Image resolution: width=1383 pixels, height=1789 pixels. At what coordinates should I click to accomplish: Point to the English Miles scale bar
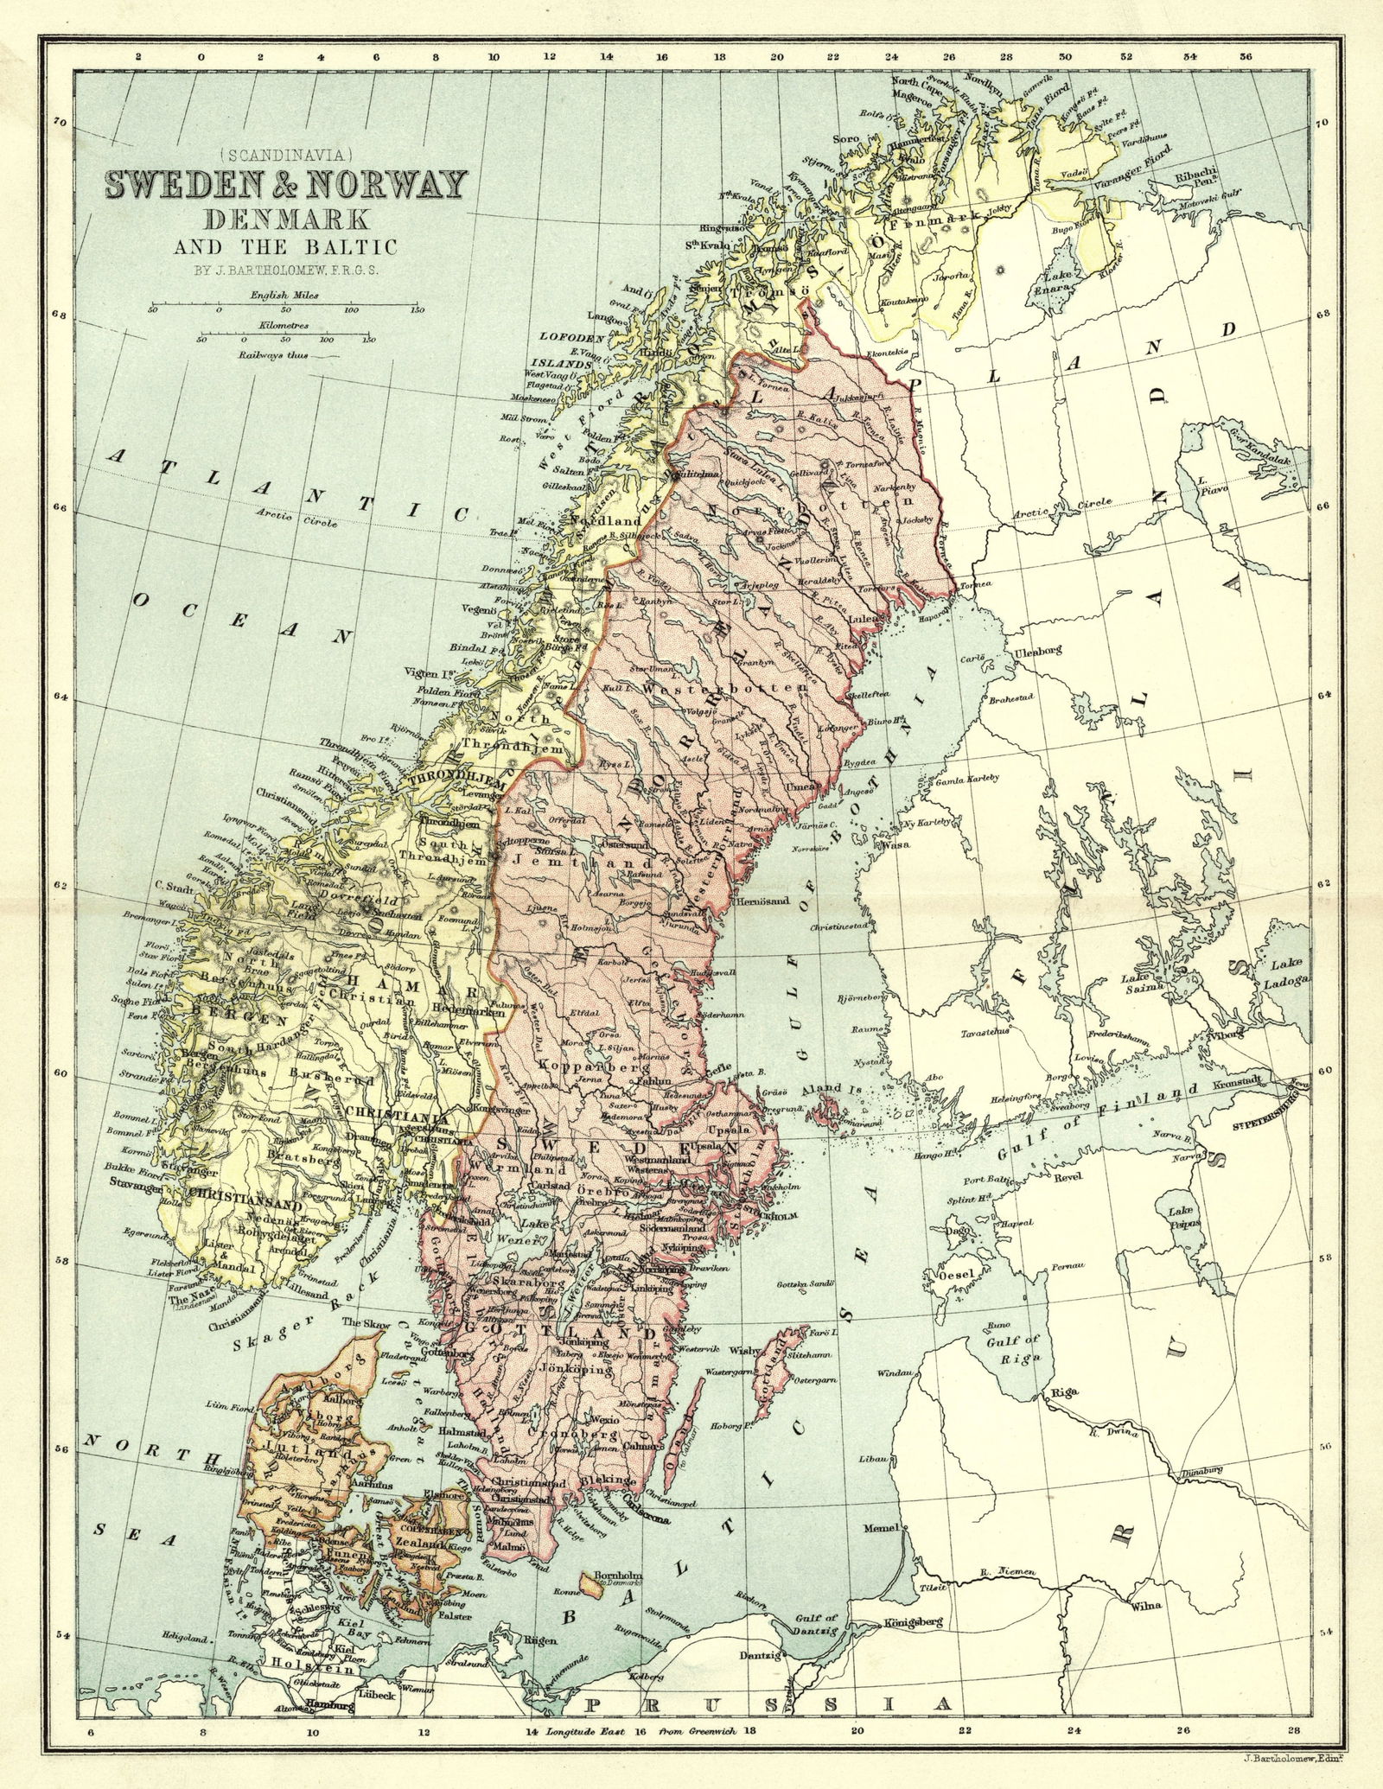(x=285, y=303)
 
